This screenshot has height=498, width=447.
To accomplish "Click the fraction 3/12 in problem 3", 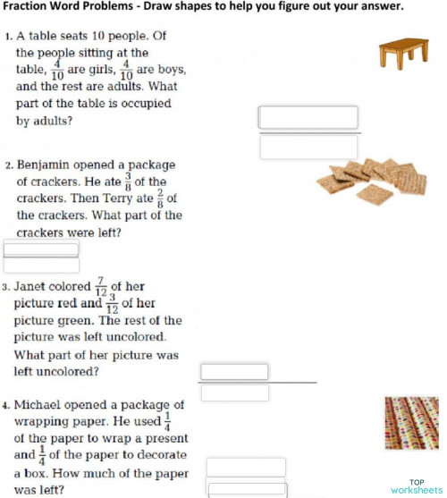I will (x=113, y=303).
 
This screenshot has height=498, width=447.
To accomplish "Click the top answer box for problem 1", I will (x=308, y=117).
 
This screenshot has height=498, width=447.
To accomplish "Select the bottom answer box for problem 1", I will (x=308, y=146).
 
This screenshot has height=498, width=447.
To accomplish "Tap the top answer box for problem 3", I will (x=234, y=371).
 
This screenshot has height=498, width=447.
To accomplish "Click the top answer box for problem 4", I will (x=246, y=467).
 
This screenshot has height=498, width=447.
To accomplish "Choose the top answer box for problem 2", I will (x=41, y=249).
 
